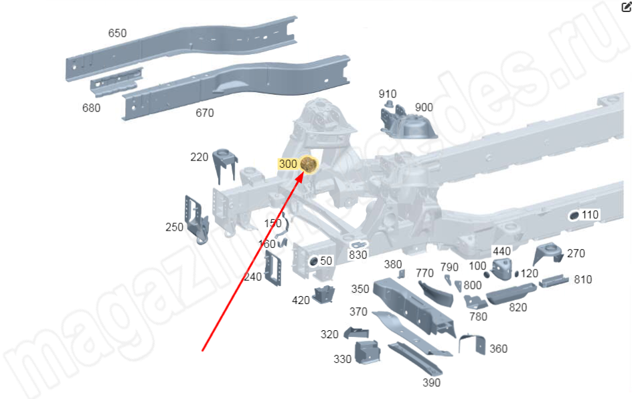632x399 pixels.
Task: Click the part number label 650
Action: tap(117, 33)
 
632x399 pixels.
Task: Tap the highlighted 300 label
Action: tap(288, 164)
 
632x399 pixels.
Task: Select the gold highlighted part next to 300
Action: tap(309, 164)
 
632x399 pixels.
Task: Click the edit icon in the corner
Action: tap(627, 7)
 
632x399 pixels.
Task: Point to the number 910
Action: tap(388, 94)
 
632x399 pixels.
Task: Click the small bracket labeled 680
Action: tap(116, 82)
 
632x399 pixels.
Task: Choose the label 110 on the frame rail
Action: tap(590, 215)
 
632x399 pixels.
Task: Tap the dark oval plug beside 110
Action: tap(574, 216)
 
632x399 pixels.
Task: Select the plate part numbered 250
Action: tap(196, 220)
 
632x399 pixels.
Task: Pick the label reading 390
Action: tap(431, 382)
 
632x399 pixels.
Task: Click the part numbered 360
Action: tap(473, 344)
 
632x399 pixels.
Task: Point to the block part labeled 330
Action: tap(367, 352)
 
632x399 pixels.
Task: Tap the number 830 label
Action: tap(358, 255)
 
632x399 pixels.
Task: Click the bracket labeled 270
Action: tap(548, 253)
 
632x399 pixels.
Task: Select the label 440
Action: tap(502, 251)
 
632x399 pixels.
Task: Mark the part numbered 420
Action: tap(324, 294)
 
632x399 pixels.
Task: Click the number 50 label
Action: tap(326, 261)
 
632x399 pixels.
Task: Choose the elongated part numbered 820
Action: tap(511, 293)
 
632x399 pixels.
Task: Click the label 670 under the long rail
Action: tap(205, 113)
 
